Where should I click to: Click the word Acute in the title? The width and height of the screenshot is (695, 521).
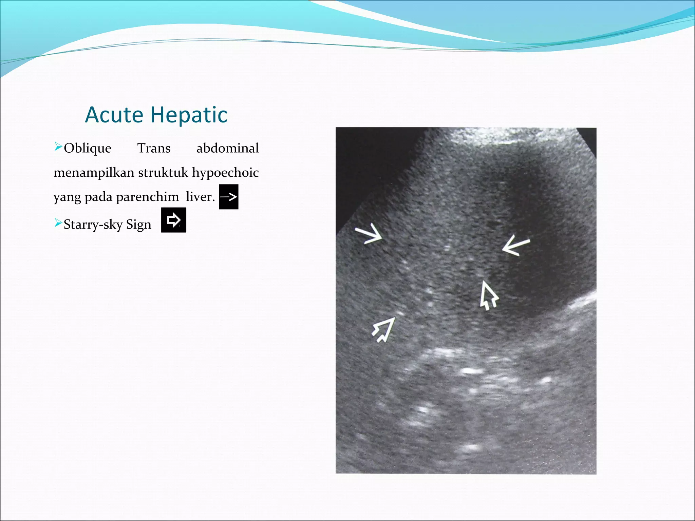point(114,115)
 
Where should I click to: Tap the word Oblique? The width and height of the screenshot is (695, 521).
point(87,149)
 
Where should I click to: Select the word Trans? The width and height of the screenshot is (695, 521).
point(154,148)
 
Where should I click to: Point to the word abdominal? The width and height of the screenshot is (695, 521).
point(227,148)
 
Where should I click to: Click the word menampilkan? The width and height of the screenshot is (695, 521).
point(94,173)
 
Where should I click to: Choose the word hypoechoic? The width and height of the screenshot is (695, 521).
point(225,173)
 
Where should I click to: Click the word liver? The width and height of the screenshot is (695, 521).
point(200,197)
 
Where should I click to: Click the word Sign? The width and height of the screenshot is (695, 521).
point(138,225)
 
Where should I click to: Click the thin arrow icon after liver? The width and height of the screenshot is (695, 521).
point(229,197)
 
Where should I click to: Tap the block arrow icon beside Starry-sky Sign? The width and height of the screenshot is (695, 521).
point(173,220)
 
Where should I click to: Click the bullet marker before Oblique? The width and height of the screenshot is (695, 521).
point(58,147)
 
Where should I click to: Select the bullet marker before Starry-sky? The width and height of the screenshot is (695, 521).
point(58,223)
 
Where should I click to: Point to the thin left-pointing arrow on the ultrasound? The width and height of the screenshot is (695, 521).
point(516,245)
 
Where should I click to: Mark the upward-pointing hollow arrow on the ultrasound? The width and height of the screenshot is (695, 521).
point(488,295)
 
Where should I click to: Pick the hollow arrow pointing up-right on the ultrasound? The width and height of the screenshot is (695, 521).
point(384,329)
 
